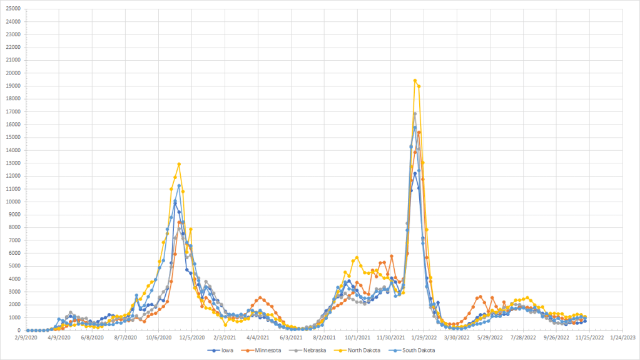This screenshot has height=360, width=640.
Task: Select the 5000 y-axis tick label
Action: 14,266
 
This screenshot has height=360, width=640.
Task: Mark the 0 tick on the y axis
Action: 18,331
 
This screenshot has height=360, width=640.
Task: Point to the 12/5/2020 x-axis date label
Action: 193,337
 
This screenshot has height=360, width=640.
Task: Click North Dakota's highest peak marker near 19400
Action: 415,81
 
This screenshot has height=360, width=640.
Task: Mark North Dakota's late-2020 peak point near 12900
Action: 179,164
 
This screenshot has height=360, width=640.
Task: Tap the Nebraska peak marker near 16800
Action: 415,114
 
